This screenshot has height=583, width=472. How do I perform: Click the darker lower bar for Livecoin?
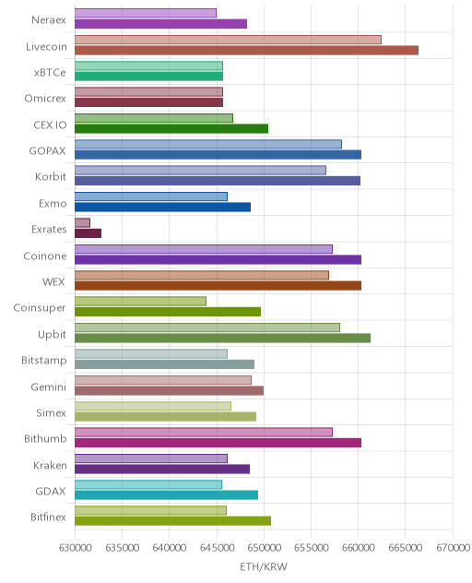click(x=246, y=50)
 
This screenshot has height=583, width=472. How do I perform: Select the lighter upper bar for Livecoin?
click(x=228, y=40)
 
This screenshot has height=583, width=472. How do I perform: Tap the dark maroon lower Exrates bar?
click(x=88, y=233)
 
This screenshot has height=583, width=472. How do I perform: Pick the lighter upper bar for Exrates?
click(x=82, y=222)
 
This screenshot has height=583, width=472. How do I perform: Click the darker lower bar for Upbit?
click(x=222, y=338)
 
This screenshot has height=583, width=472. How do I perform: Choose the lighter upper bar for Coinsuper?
click(x=140, y=301)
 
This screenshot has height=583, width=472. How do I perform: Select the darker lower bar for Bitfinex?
click(x=172, y=521)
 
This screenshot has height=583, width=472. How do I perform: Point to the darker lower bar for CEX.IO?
click(x=171, y=128)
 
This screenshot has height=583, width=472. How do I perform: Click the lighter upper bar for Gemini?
click(x=163, y=380)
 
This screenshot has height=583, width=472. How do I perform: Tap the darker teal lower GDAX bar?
click(x=166, y=494)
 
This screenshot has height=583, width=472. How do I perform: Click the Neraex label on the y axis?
click(x=49, y=19)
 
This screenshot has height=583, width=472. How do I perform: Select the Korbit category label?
click(x=51, y=176)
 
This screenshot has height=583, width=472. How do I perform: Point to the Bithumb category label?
click(x=45, y=439)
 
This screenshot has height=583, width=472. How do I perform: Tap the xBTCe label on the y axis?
click(x=50, y=72)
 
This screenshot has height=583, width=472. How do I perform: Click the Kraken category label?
click(x=50, y=466)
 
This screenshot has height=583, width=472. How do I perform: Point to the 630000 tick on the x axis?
click(x=75, y=548)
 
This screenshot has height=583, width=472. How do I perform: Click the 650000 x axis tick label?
click(x=264, y=548)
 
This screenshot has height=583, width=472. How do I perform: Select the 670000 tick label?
click(x=453, y=548)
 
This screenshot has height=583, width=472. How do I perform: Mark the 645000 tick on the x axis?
click(x=217, y=548)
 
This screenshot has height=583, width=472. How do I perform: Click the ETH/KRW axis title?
click(x=264, y=567)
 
